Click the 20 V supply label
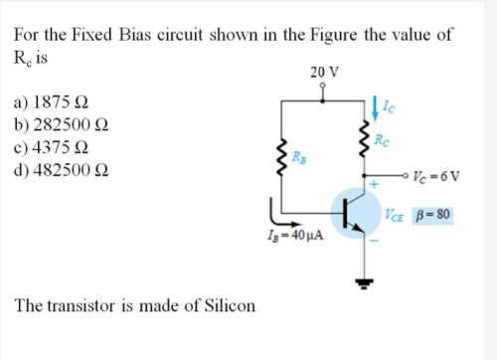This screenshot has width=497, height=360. (324, 73)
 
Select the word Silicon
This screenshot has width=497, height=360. (224, 304)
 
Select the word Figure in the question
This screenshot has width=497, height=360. (337, 34)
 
